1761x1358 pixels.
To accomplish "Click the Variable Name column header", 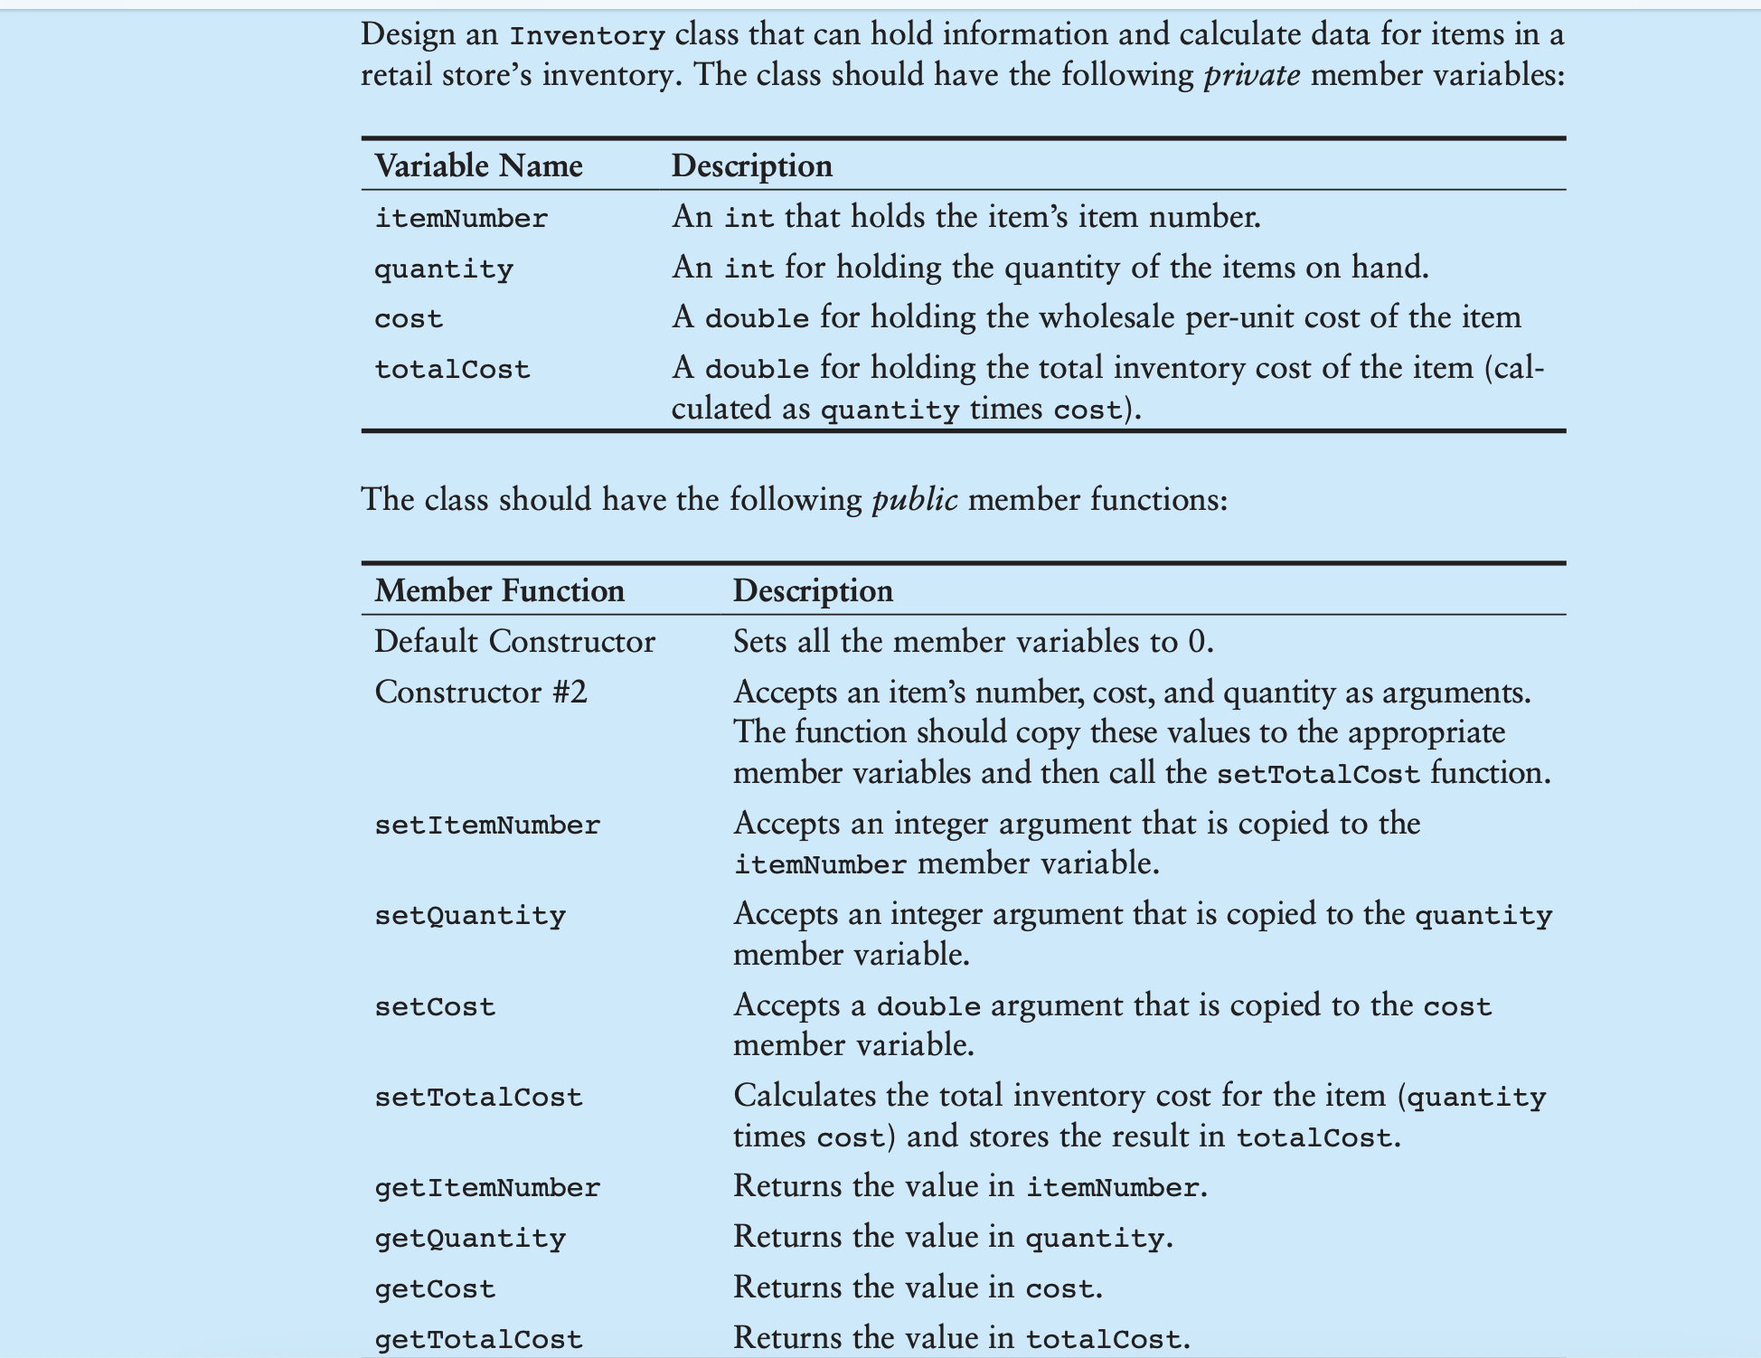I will point(478,165).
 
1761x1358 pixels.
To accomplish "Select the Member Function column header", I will point(499,590).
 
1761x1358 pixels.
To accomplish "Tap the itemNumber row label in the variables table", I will point(461,218).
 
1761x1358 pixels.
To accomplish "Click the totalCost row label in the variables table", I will point(452,369).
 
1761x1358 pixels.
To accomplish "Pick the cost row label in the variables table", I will point(409,318).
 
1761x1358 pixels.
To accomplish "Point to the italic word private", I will point(1252,74).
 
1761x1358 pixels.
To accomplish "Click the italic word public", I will point(914,499).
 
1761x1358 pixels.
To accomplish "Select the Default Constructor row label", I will point(514,641).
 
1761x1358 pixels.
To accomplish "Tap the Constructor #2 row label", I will point(481,692).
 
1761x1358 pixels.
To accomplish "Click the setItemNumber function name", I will point(487,825).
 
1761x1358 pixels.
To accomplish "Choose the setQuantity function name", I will point(470,915).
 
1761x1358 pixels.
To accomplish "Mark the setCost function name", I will point(435,1006).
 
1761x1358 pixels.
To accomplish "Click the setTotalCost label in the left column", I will point(478,1097).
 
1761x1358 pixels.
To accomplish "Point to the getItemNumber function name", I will point(487,1187).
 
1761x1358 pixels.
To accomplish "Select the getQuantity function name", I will point(470,1238).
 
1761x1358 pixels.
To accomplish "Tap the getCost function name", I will point(435,1288).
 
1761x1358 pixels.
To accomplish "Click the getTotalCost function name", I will point(478,1339).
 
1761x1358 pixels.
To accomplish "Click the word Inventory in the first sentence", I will point(587,36).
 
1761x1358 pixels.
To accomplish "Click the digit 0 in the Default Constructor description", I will point(1197,642).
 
